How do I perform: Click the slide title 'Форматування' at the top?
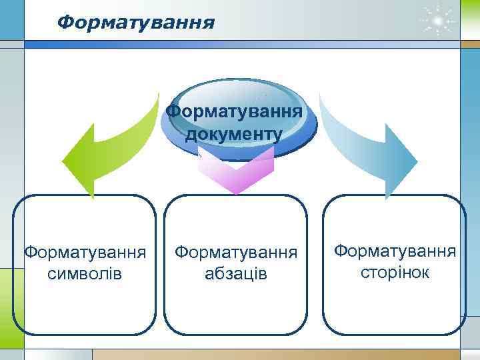pos(136,23)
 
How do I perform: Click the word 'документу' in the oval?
pos(234,134)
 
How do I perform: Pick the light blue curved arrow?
pos(363,143)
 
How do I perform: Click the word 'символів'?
pos(85,274)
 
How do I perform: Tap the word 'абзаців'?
pos(236,274)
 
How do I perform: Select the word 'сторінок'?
pos(395,272)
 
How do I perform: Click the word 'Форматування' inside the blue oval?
pos(234,109)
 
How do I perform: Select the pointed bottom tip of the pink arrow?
pos(237,193)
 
